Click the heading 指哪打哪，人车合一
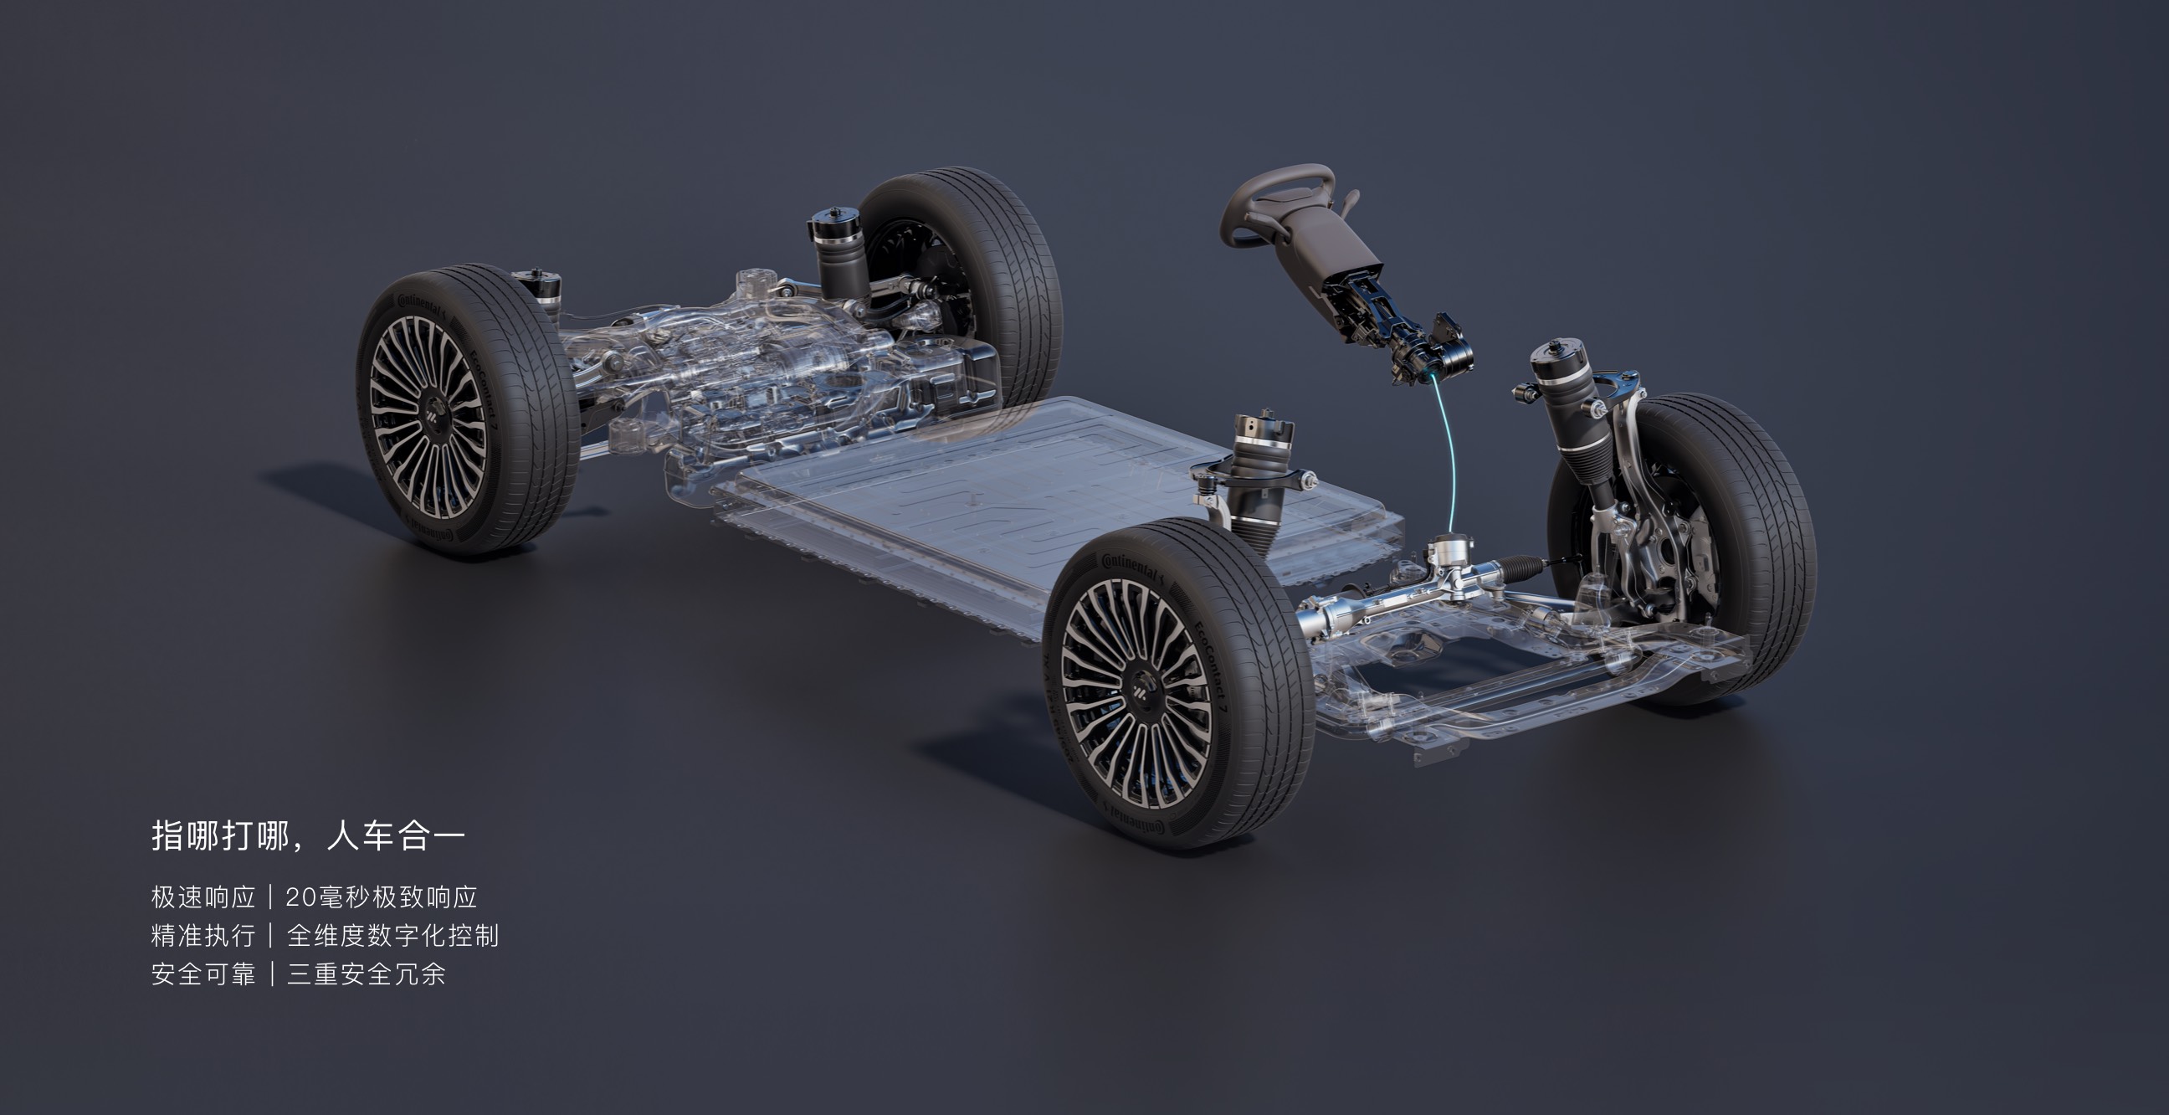point(308,836)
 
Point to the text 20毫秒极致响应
point(382,897)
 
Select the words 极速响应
point(203,897)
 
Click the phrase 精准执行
point(203,936)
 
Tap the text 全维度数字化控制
point(392,936)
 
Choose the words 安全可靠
point(203,974)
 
